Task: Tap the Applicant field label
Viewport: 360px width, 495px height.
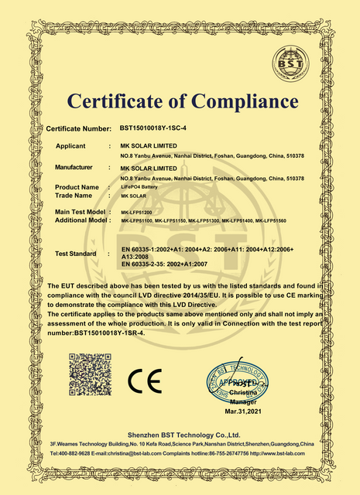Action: pos(75,145)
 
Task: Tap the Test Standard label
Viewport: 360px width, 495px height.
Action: pos(76,253)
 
